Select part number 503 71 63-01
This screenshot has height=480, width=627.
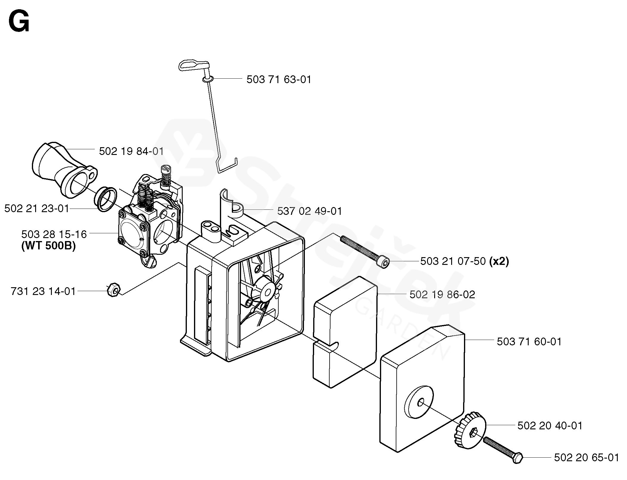279,80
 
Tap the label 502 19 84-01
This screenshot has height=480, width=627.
131,151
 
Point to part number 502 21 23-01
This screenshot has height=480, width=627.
36,209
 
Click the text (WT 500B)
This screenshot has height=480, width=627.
49,246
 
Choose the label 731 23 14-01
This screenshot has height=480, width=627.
43,291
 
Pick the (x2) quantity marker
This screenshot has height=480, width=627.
499,261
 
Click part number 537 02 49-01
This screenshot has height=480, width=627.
309,211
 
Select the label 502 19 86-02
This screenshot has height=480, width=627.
442,295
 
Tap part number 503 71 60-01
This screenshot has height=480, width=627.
529,341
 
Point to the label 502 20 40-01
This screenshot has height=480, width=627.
550,426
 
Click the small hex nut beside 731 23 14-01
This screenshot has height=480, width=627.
113,290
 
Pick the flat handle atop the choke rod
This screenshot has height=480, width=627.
192,65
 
